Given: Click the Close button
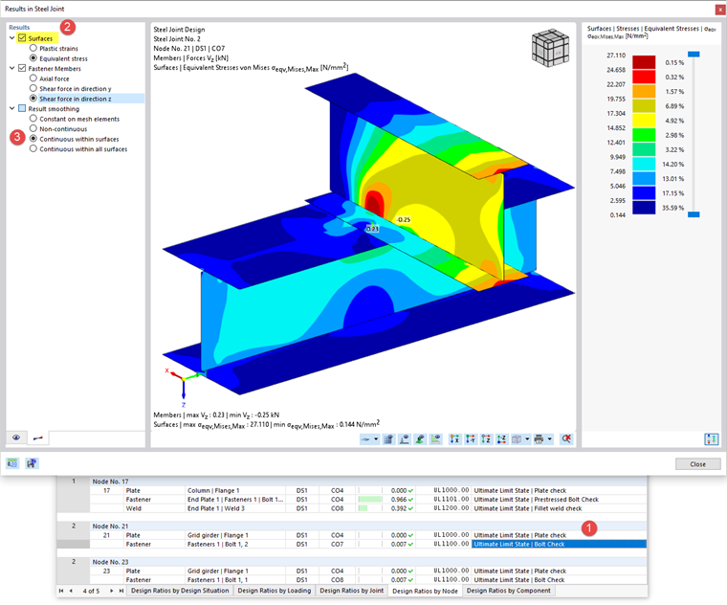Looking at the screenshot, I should click(x=697, y=463).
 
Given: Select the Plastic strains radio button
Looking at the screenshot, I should click(x=34, y=48).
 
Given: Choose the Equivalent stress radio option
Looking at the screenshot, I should click(x=34, y=57).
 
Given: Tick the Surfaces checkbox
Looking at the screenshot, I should click(x=22, y=38).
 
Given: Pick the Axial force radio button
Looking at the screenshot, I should click(x=34, y=78).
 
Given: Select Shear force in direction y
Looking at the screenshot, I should click(x=34, y=88).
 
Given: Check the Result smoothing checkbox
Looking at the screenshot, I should click(x=22, y=108).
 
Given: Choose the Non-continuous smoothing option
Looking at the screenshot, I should click(x=34, y=128).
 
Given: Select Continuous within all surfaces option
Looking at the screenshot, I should click(x=34, y=148).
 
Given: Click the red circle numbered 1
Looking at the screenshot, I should click(x=590, y=527).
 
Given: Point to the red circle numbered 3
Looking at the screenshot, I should click(x=17, y=137).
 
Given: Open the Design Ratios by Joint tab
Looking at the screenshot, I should click(x=350, y=591).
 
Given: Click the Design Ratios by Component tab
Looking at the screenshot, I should click(x=508, y=591).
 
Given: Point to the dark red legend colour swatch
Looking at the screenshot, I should click(x=646, y=62).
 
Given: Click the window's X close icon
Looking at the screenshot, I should click(x=718, y=9).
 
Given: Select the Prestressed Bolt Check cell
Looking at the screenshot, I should click(x=536, y=499).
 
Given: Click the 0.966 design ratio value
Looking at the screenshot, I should click(x=399, y=499).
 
